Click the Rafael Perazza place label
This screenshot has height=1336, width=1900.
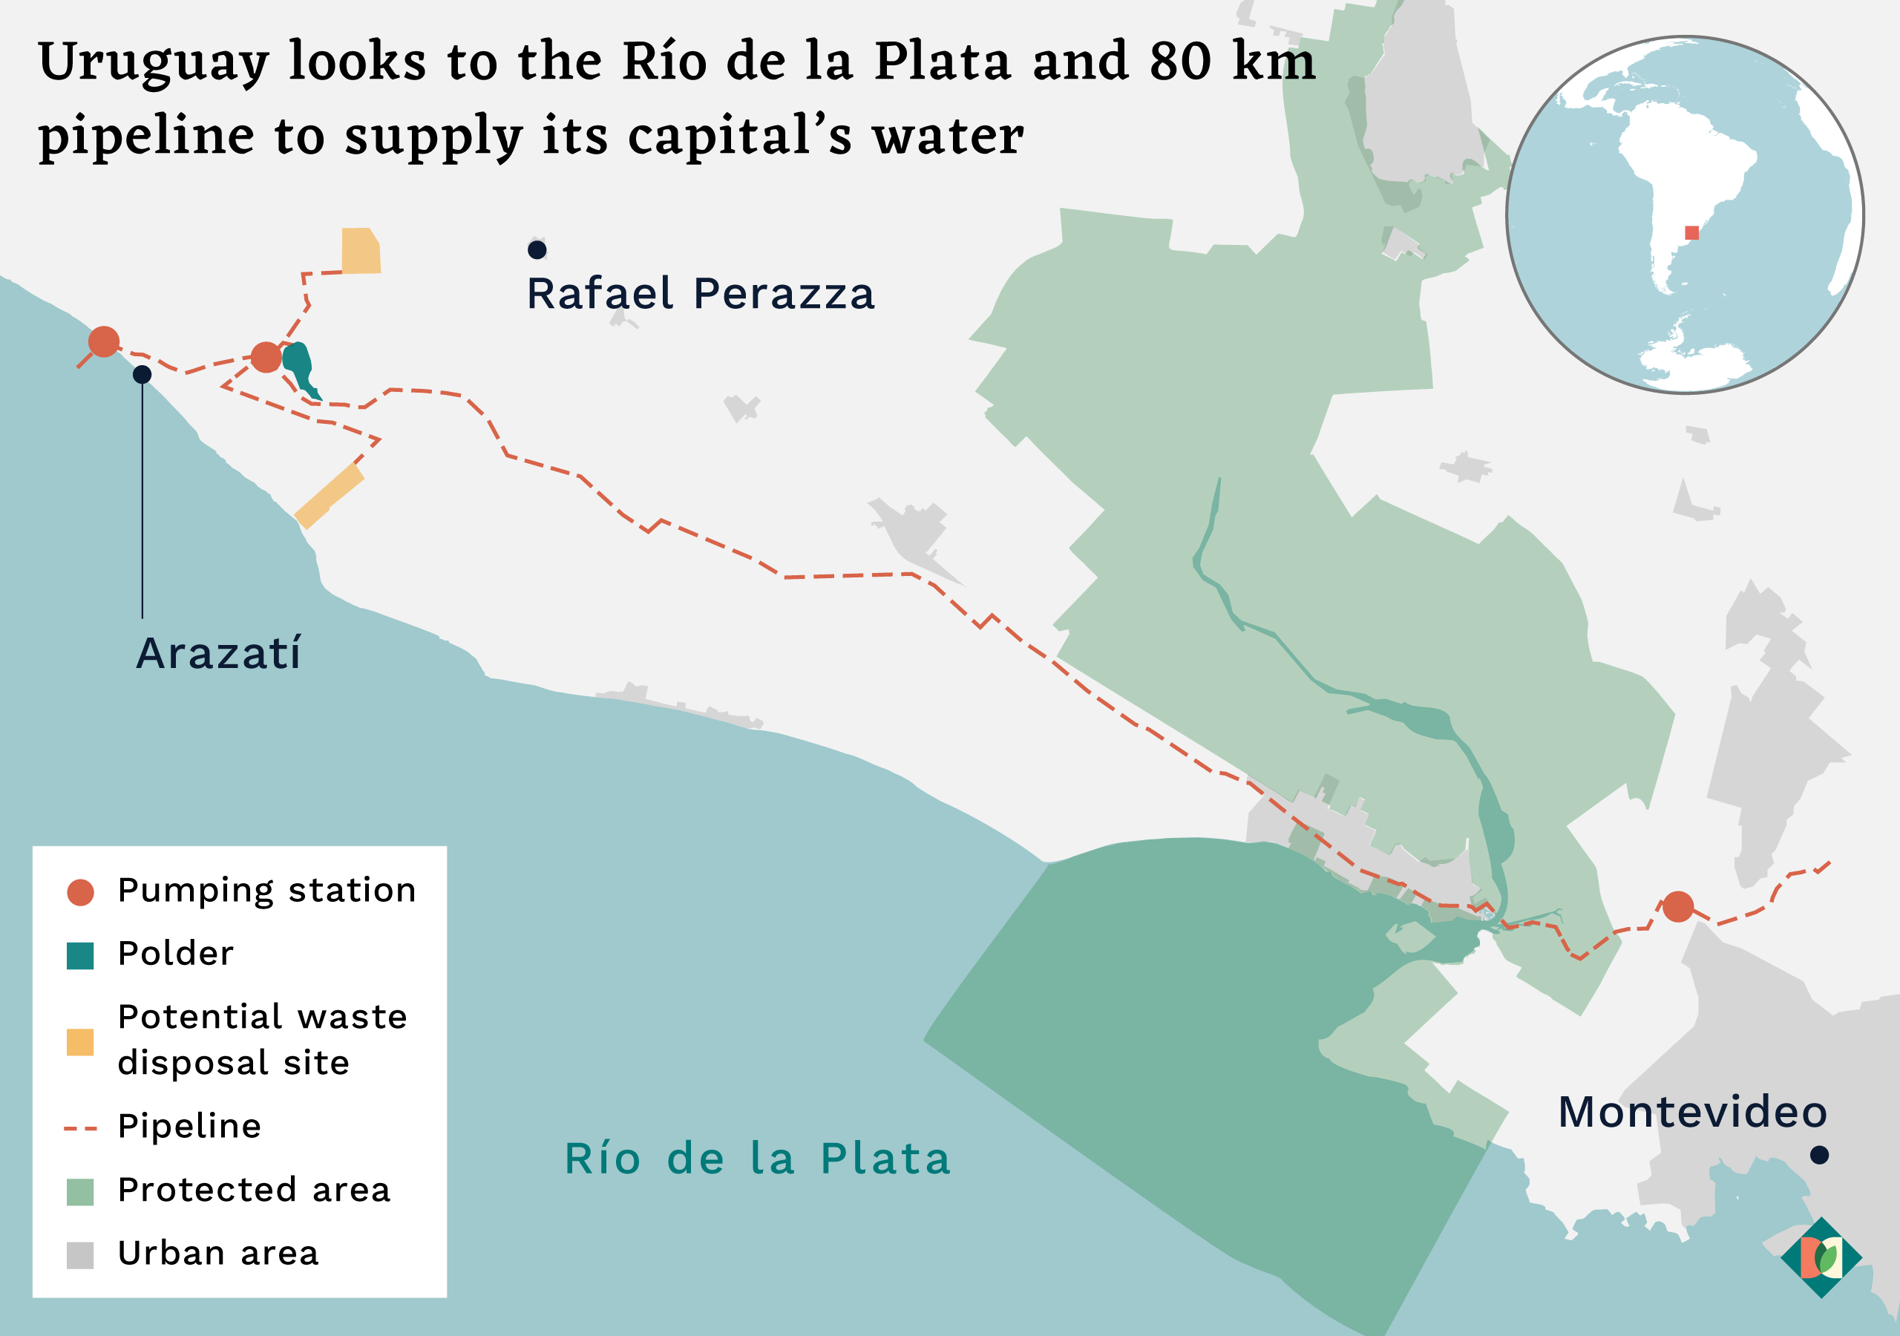pyautogui.click(x=700, y=294)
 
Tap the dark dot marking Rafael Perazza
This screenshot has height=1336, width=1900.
pyautogui.click(x=537, y=249)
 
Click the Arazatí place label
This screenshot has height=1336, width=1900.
pyautogui.click(x=218, y=654)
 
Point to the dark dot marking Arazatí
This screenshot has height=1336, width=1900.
pyautogui.click(x=142, y=374)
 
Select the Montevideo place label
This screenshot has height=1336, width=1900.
pyautogui.click(x=1692, y=1112)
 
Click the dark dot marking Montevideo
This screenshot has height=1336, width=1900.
pyautogui.click(x=1819, y=1155)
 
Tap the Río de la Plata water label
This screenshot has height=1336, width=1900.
pyautogui.click(x=757, y=1159)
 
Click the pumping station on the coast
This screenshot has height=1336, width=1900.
pyautogui.click(x=103, y=341)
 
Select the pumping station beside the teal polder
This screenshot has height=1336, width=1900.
pyautogui.click(x=266, y=357)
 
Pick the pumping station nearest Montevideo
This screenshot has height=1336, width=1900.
pyautogui.click(x=1677, y=906)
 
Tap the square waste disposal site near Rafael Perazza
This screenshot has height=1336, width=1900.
pyautogui.click(x=361, y=251)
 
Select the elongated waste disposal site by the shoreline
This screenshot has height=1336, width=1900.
pyautogui.click(x=330, y=496)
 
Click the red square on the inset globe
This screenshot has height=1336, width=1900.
pyautogui.click(x=1691, y=232)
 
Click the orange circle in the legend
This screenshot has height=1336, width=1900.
pyautogui.click(x=80, y=892)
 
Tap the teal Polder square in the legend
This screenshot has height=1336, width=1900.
pyautogui.click(x=80, y=955)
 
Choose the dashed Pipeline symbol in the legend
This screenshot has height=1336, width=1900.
pyautogui.click(x=80, y=1128)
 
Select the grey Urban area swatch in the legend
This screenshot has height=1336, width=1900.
pyautogui.click(x=80, y=1255)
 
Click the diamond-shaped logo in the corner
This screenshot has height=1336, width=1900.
pyautogui.click(x=1821, y=1257)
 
